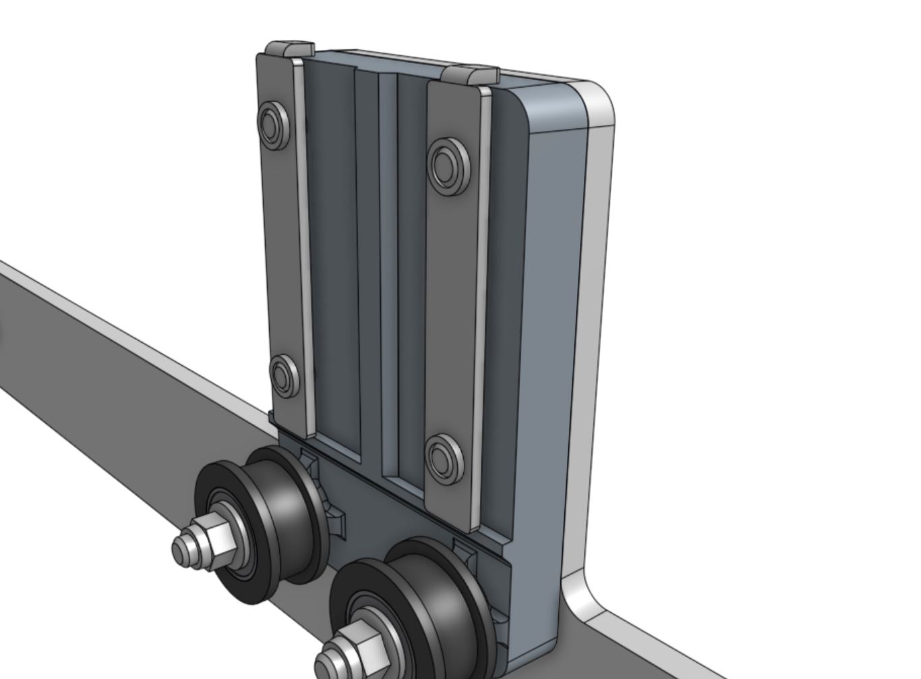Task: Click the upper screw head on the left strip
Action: (x=272, y=124)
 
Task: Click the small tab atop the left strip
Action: (x=289, y=49)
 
